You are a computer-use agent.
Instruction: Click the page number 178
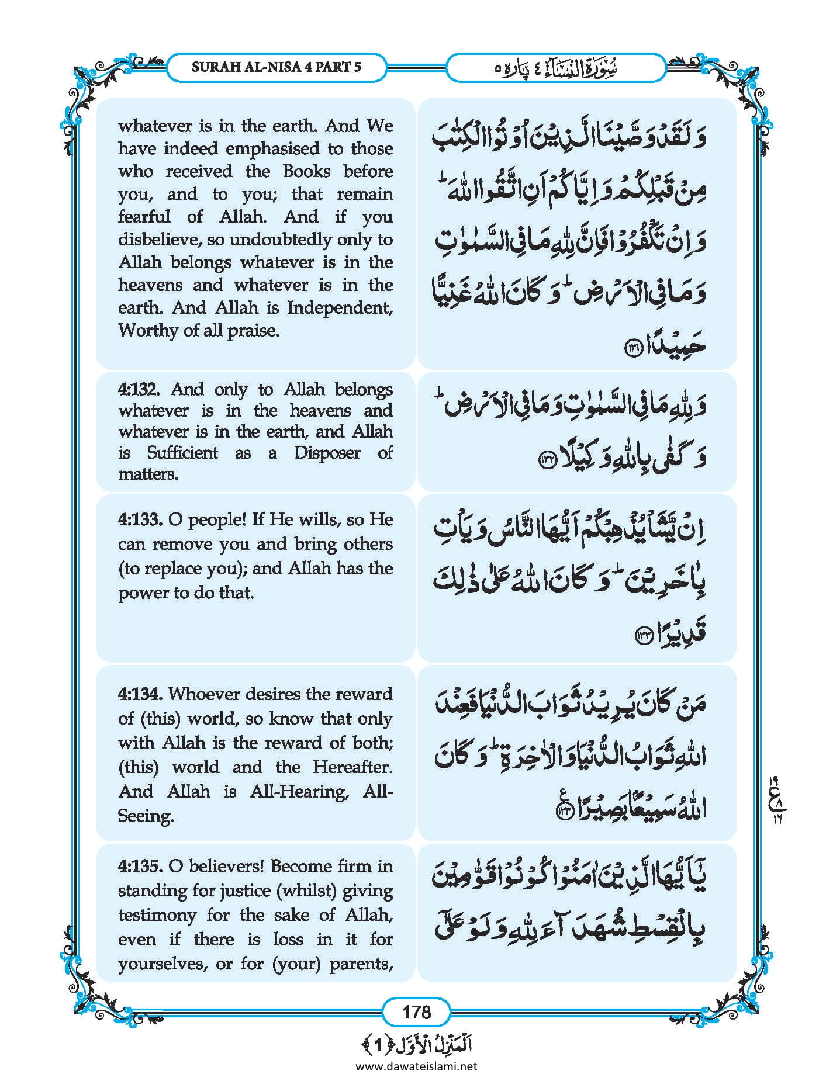point(416,1012)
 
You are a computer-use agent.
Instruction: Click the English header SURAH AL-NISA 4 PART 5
point(276,67)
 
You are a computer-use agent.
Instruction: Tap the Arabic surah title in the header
point(555,68)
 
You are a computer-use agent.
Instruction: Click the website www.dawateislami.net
point(416,1066)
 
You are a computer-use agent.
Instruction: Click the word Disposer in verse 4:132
point(327,453)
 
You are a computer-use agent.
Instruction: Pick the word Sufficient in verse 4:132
point(182,453)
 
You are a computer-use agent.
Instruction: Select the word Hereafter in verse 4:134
point(352,767)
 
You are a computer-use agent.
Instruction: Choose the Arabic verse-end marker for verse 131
point(633,348)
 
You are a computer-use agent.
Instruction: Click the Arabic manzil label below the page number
point(416,1044)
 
